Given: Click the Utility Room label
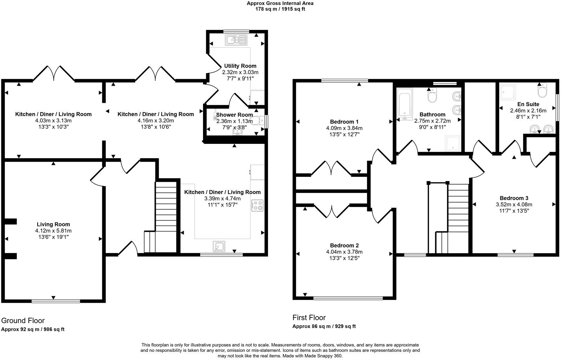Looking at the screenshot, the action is pyautogui.click(x=240, y=66).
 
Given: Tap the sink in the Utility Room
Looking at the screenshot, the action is pyautogui.click(x=236, y=40).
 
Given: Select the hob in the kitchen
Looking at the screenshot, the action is pyautogui.click(x=257, y=205).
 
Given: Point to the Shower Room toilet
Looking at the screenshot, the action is pyautogui.click(x=257, y=121).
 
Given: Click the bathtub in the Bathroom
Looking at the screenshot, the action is pyautogui.click(x=404, y=103).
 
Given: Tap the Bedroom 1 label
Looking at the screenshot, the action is pyautogui.click(x=344, y=122).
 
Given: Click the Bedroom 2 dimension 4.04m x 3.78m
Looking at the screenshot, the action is pyautogui.click(x=344, y=252).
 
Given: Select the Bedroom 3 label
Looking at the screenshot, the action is pyautogui.click(x=514, y=198).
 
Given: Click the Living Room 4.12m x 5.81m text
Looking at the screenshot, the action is pyautogui.click(x=53, y=231).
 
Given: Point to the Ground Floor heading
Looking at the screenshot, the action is pyautogui.click(x=23, y=321).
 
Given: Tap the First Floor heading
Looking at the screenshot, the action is pyautogui.click(x=309, y=317).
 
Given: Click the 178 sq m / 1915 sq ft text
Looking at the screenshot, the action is pyautogui.click(x=280, y=9).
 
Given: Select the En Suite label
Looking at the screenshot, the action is pyautogui.click(x=528, y=104).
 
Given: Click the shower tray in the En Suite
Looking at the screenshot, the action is pyautogui.click(x=508, y=92).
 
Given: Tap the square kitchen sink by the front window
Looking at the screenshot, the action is pyautogui.click(x=219, y=246).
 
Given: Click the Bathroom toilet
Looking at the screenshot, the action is pyautogui.click(x=432, y=95).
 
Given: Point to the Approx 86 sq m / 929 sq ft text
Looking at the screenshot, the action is pyautogui.click(x=324, y=326).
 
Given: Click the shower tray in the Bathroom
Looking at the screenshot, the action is pyautogui.click(x=453, y=143).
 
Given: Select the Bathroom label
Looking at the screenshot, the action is pyautogui.click(x=432, y=115).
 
